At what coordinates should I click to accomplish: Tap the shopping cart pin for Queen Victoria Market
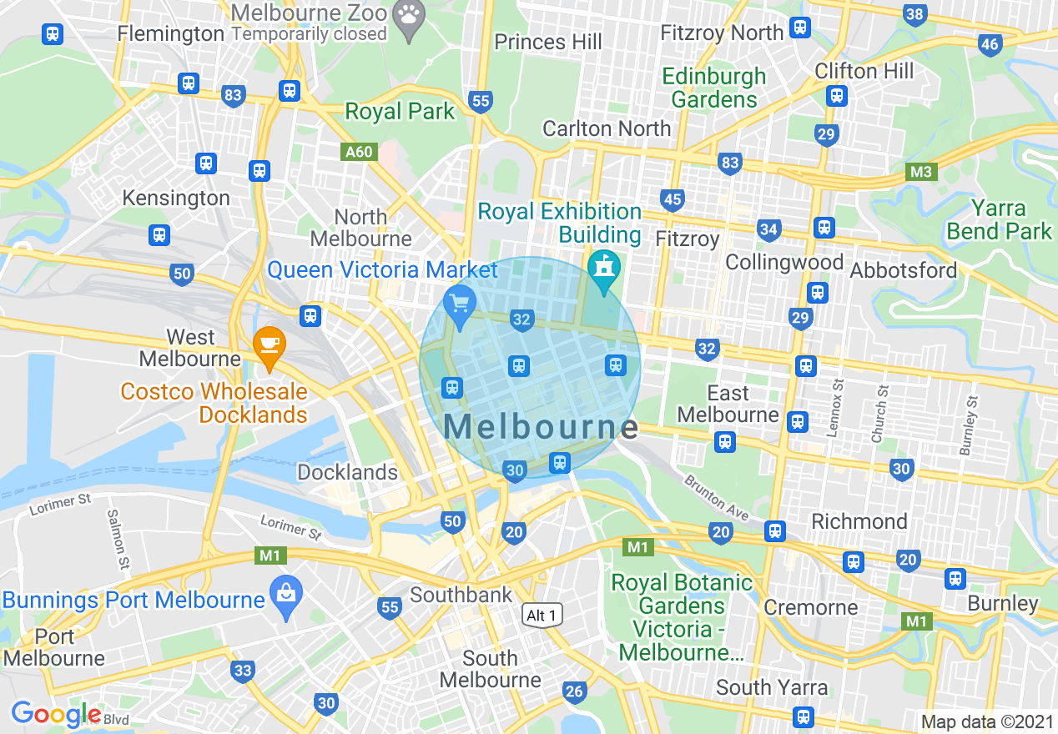click(x=459, y=304)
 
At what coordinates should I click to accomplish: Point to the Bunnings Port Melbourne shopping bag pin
click(x=285, y=597)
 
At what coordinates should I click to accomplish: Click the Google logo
click(x=56, y=714)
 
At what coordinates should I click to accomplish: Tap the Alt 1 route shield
click(x=543, y=616)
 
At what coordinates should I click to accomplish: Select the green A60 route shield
click(x=360, y=153)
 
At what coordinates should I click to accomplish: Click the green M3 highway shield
click(x=921, y=172)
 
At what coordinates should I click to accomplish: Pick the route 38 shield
click(x=914, y=14)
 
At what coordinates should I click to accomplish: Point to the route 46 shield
click(x=990, y=45)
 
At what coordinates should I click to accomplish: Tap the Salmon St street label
click(x=118, y=540)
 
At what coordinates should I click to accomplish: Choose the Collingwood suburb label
click(x=783, y=262)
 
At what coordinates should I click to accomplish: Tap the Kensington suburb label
click(x=176, y=198)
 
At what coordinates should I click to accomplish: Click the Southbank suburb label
click(x=461, y=595)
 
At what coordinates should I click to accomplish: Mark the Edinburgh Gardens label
click(x=713, y=88)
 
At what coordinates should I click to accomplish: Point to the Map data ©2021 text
click(x=987, y=721)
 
